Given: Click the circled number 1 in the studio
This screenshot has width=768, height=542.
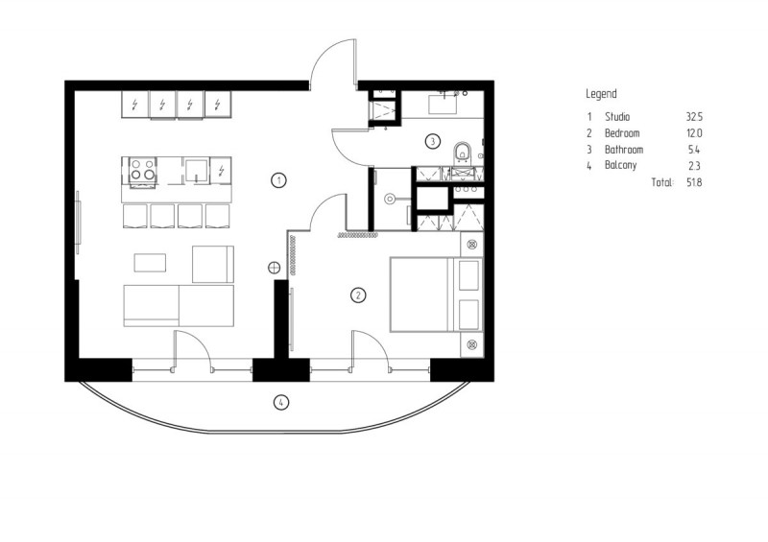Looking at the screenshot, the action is tap(278, 180).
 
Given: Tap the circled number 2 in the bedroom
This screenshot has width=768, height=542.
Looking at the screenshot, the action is tap(358, 295).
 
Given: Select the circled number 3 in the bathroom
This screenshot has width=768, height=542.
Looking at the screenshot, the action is tap(432, 142).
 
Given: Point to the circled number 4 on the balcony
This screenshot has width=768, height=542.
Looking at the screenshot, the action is tap(280, 403).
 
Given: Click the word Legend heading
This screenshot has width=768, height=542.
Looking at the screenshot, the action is tap(601, 93).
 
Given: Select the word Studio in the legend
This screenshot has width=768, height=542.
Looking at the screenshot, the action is tap(617, 116).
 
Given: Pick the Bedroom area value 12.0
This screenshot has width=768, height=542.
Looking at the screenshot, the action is tap(694, 132).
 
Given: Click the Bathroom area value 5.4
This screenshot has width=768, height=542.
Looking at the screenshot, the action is tap(694, 150).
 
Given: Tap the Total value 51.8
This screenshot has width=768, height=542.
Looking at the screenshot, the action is tap(694, 182).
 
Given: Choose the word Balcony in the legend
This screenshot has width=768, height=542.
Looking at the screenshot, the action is tap(620, 165).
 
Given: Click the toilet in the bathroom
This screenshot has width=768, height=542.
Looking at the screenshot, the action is tap(462, 153).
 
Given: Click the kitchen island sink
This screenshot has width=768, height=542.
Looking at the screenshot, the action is tap(197, 170).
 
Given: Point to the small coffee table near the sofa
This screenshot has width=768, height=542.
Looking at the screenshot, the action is tap(150, 263).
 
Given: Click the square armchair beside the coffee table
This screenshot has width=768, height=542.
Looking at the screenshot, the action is tap(212, 265).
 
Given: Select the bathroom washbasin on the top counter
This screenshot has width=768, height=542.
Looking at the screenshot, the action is tap(443, 104).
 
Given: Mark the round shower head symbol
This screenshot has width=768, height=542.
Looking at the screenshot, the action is tap(390, 199).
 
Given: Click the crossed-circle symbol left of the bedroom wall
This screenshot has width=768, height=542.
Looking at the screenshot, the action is tap(274, 268).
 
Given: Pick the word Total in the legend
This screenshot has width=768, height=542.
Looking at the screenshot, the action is tap(662, 182).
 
